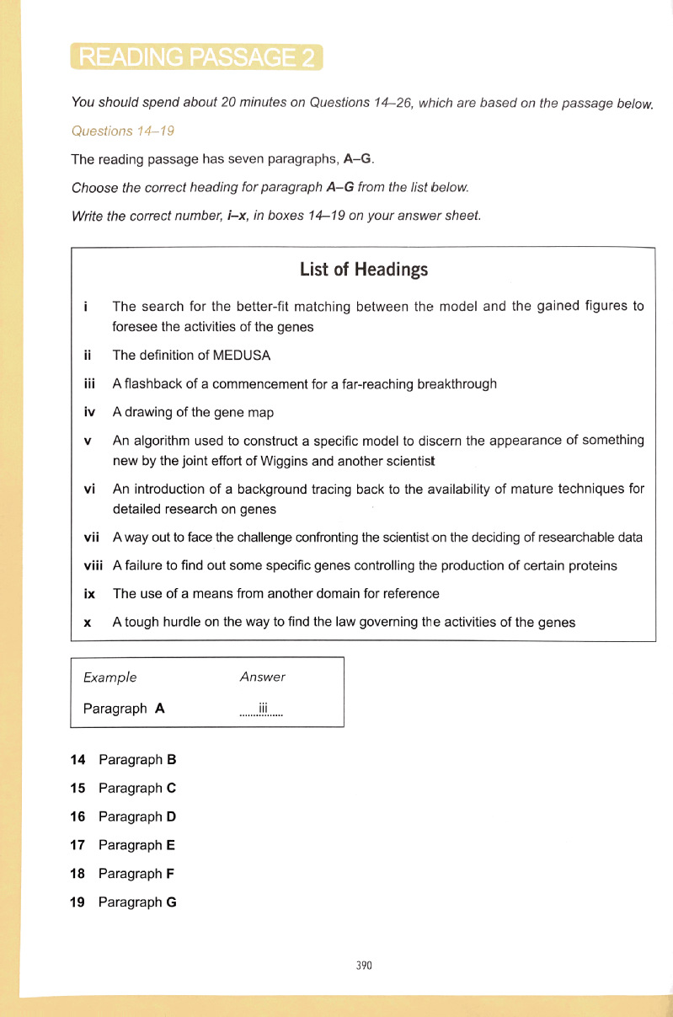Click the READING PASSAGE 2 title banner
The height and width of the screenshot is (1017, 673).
[196, 57]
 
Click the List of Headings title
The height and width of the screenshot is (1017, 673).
[364, 270]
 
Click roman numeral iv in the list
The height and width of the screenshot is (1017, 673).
[89, 413]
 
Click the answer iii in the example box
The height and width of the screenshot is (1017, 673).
[262, 709]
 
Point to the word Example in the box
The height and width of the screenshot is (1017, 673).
[109, 677]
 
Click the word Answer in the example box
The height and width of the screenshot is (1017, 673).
[262, 677]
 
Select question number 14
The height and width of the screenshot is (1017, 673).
[77, 760]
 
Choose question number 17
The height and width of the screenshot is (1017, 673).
[77, 845]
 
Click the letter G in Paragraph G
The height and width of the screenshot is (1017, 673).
[171, 902]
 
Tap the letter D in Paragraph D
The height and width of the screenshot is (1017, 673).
[171, 816]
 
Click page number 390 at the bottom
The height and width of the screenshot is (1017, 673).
[364, 966]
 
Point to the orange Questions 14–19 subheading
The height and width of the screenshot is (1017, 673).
[123, 131]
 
